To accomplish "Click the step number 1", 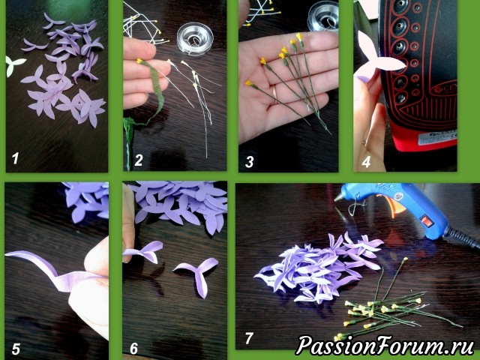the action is coord(15,158).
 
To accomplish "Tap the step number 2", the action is coord(139,160).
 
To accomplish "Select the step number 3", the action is coord(250,162).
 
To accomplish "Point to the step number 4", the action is coord(366,162).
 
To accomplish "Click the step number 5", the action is coord(16,349).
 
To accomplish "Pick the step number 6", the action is coord(133,349).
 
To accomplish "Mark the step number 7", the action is coord(249,338).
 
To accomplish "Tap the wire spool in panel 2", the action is coord(195,39).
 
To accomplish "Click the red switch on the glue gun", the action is coord(427,221).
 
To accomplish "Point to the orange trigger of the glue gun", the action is coord(389,204).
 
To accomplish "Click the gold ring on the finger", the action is coord(274,93).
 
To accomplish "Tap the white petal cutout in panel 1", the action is coord(13,65).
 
